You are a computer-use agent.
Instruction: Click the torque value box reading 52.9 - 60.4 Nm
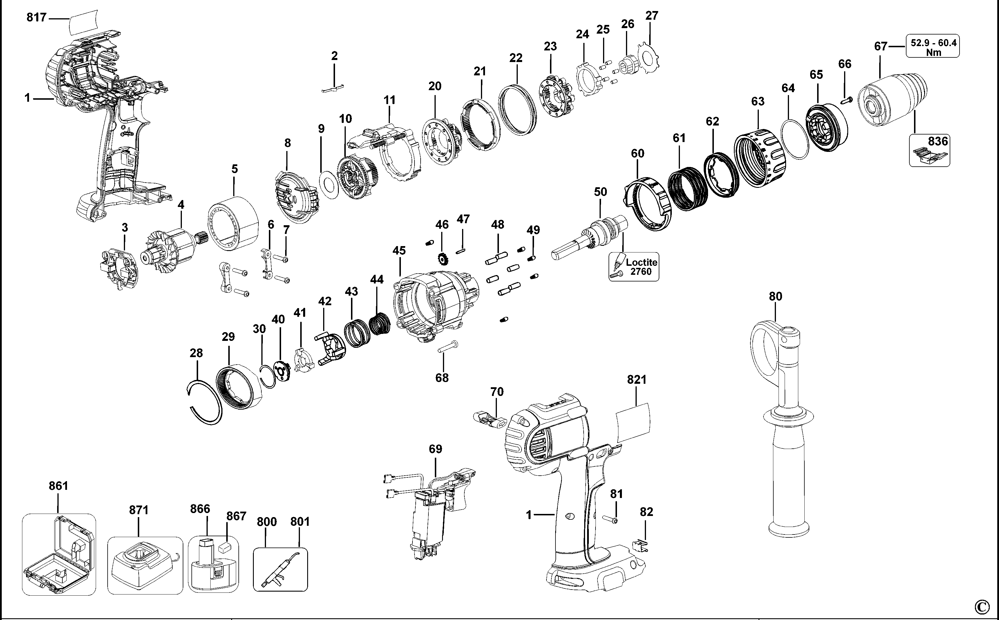(933, 46)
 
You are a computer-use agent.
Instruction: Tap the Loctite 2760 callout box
(634, 267)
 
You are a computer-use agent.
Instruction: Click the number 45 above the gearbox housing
(399, 250)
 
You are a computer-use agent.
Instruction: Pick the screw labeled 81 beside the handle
(611, 519)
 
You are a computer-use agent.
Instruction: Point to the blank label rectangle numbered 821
(634, 422)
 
